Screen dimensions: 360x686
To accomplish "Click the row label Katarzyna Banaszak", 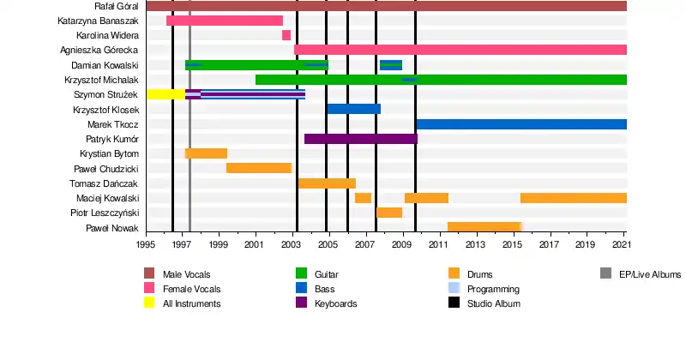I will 99,21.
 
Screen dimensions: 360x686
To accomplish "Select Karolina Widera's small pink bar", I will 286,35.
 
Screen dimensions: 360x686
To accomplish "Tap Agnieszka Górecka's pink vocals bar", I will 460,50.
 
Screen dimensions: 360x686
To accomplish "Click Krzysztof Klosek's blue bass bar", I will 353,109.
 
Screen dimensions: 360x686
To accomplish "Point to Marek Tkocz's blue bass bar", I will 521,124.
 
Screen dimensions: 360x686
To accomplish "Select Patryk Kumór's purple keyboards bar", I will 360,139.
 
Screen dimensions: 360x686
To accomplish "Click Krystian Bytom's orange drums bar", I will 206,153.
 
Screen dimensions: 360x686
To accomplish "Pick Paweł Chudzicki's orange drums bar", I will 259,168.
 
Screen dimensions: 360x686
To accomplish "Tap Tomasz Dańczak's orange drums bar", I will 327,183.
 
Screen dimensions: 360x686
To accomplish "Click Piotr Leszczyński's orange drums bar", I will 389,213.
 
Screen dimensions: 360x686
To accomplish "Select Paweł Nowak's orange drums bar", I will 484,227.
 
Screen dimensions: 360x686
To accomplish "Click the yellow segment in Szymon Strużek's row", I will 165,94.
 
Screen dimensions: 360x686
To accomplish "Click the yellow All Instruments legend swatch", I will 149,303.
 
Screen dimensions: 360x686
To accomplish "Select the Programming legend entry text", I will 493,289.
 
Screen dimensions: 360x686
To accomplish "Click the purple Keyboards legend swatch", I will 301,303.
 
